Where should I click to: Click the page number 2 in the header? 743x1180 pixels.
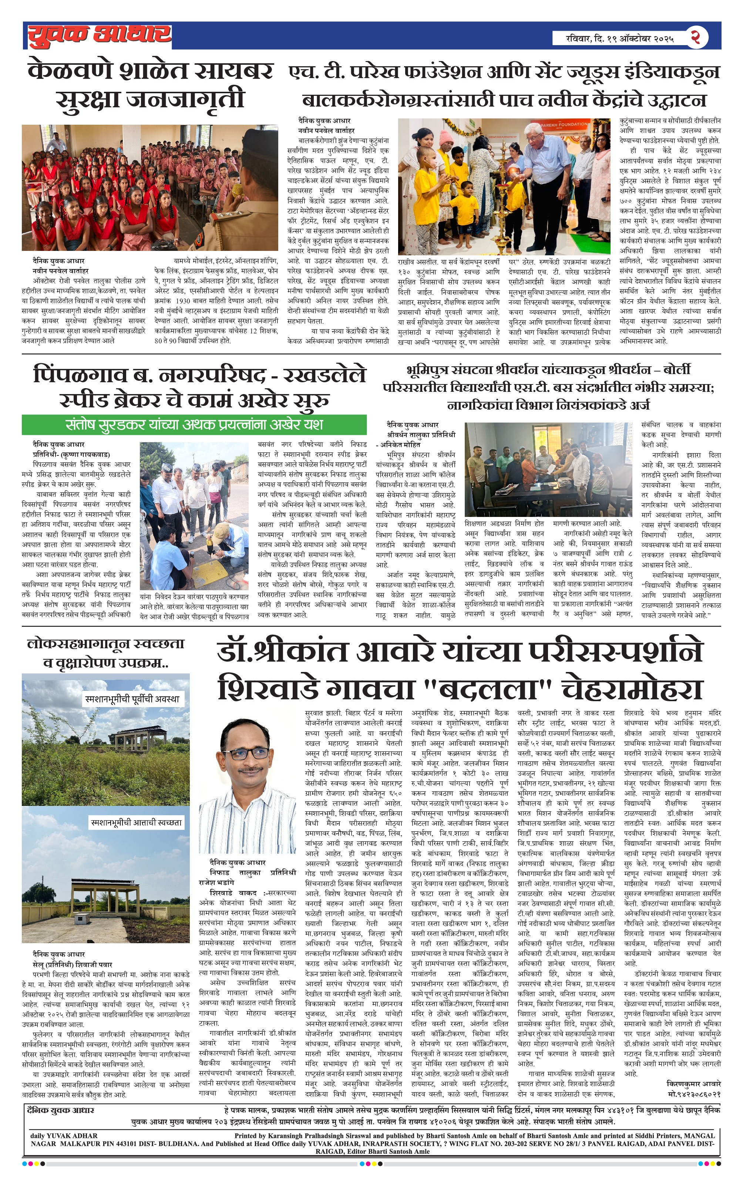click(x=696, y=37)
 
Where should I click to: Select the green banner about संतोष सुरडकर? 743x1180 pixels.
click(x=194, y=424)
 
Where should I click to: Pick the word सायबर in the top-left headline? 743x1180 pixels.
click(x=233, y=71)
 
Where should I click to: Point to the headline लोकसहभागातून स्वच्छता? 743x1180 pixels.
click(x=106, y=643)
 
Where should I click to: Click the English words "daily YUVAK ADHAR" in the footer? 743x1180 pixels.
click(x=64, y=1135)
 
